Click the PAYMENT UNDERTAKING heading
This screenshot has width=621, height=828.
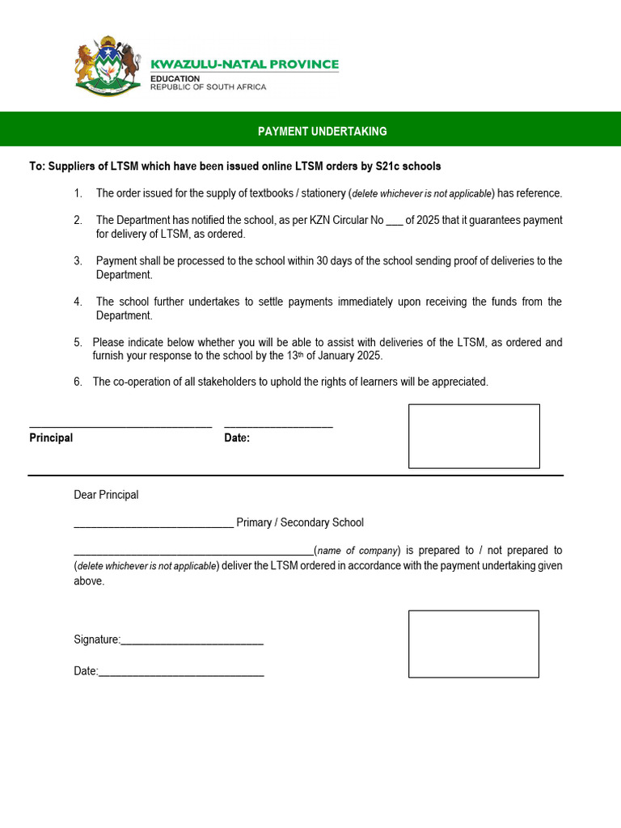pyautogui.click(x=322, y=131)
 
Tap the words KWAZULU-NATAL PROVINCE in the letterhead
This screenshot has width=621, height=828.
pyautogui.click(x=245, y=64)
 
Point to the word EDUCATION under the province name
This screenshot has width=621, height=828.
pyautogui.click(x=175, y=78)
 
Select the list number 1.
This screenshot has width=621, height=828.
pyautogui.click(x=78, y=193)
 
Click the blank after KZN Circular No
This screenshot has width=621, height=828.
pyautogui.click(x=395, y=221)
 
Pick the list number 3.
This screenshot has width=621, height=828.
pyautogui.click(x=78, y=261)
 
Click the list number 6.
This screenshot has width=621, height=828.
pyautogui.click(x=78, y=382)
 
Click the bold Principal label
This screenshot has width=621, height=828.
pyautogui.click(x=51, y=438)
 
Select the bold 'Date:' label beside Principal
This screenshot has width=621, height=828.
pyautogui.click(x=237, y=438)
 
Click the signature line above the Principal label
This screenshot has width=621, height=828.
pyautogui.click(x=120, y=425)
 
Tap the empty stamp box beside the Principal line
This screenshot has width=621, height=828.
pyautogui.click(x=474, y=436)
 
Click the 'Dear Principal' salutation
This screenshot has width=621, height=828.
pyautogui.click(x=106, y=495)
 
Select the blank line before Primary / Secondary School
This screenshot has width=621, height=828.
pyautogui.click(x=154, y=526)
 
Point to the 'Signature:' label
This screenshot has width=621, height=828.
pyautogui.click(x=96, y=640)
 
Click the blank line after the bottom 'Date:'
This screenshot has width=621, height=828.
pyautogui.click(x=181, y=674)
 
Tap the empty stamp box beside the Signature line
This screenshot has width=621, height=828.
pyautogui.click(x=473, y=644)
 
